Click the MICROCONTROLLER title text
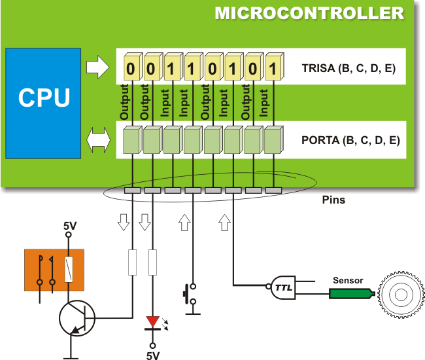coord(309,13)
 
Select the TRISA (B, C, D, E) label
coord(348,67)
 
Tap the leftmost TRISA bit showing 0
coord(131,67)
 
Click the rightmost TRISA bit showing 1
coord(273,67)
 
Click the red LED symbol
coord(153,321)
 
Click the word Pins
coord(334,200)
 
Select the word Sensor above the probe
coord(348,280)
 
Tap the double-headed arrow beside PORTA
coord(99,139)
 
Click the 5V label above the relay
coord(69,226)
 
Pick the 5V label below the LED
coord(153,355)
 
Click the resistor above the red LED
coord(153,263)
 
